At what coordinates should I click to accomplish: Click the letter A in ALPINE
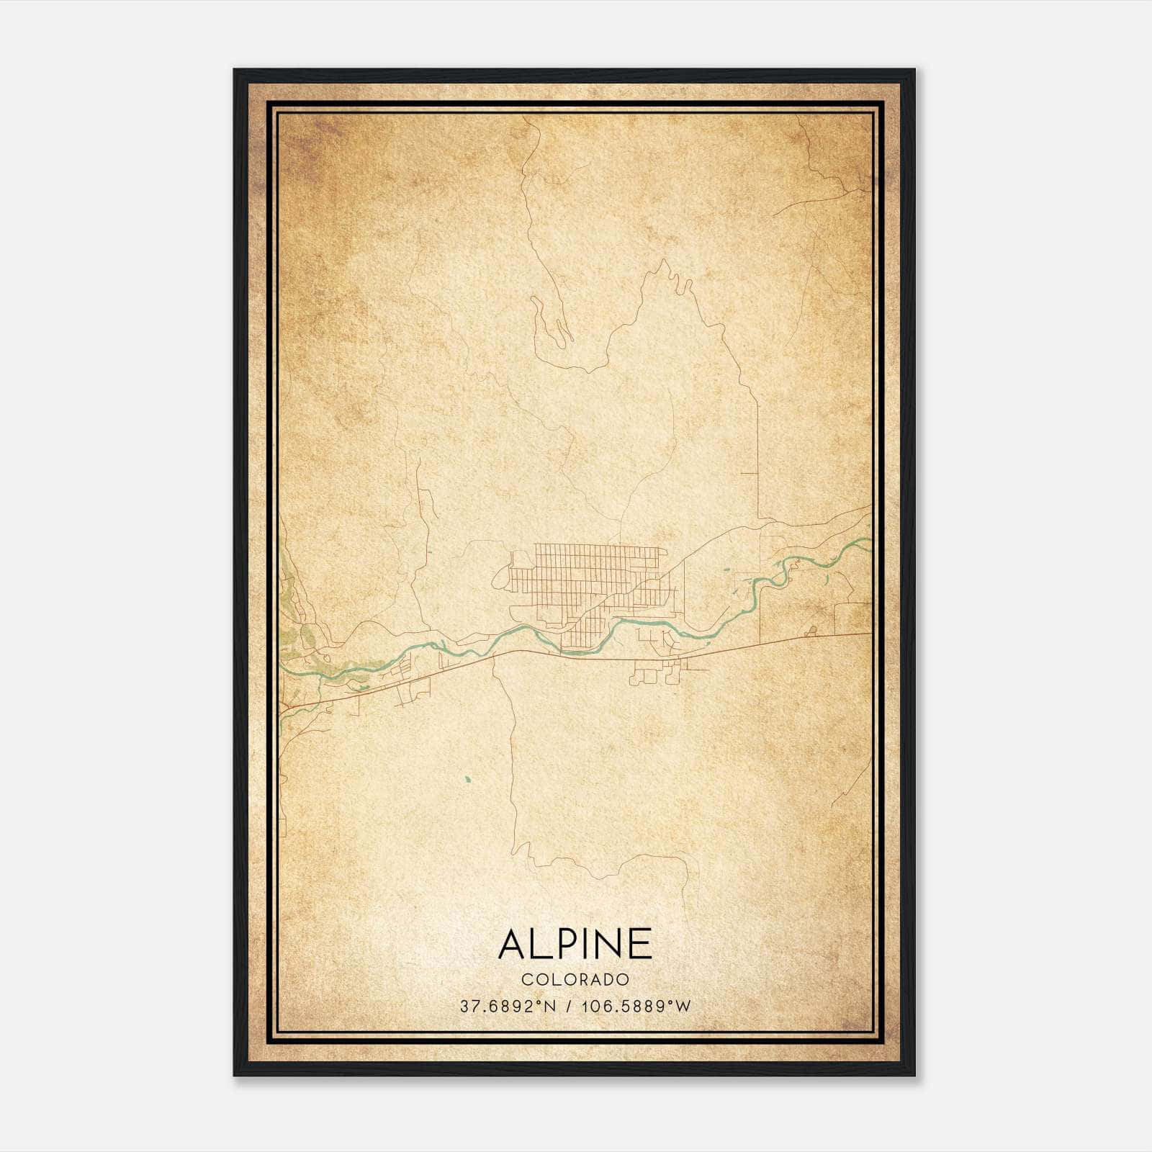click(514, 944)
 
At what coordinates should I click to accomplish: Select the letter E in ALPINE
click(640, 944)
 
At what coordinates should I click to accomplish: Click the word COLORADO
click(575, 980)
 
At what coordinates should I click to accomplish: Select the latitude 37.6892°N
click(508, 1007)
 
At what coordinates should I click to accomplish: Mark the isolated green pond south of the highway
click(467, 778)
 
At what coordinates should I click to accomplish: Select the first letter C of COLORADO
click(526, 980)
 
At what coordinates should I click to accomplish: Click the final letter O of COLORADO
click(624, 980)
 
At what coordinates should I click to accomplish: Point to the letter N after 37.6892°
click(551, 1007)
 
